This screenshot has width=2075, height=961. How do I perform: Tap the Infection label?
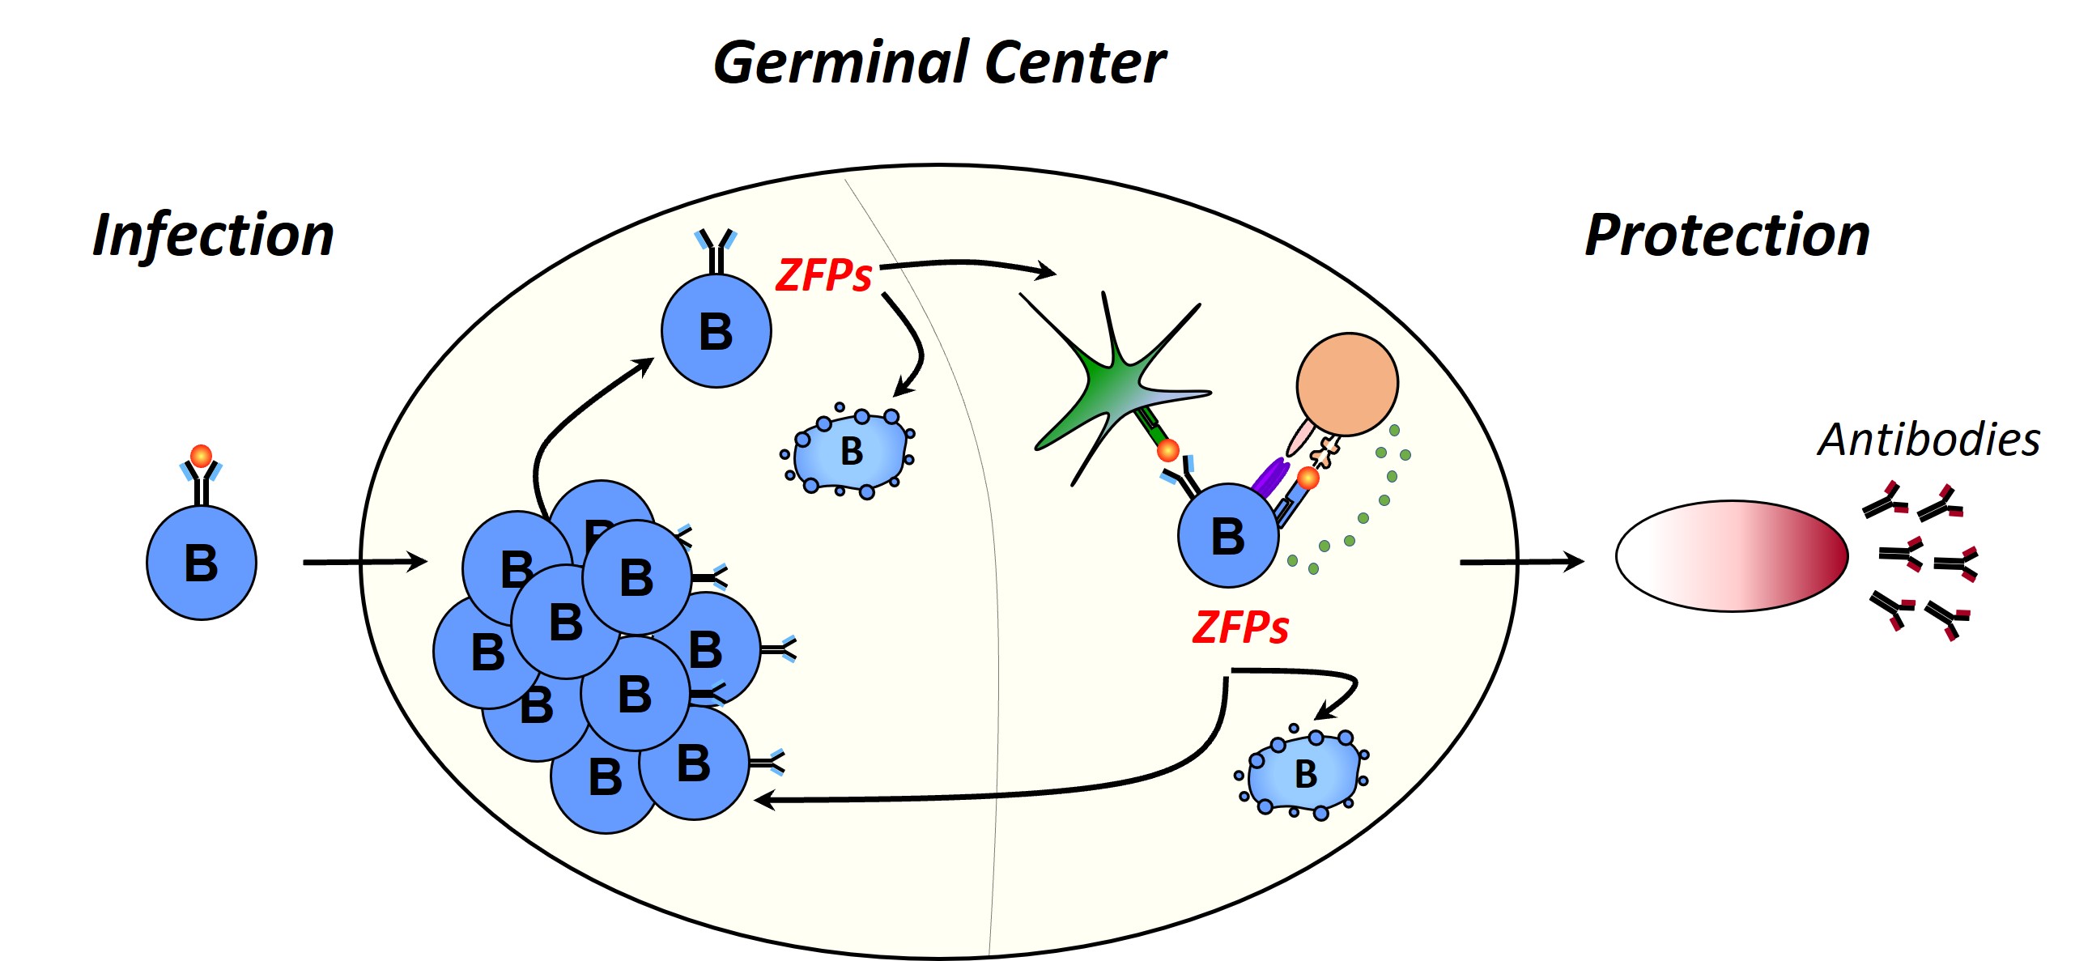(x=213, y=236)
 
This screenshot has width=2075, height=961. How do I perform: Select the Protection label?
(x=1727, y=236)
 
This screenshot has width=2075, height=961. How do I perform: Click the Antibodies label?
(x=1928, y=440)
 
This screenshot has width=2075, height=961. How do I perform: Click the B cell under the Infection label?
(x=202, y=563)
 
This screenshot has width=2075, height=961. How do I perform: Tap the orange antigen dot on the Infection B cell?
(x=201, y=456)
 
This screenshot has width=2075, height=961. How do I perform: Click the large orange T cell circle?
(x=1347, y=384)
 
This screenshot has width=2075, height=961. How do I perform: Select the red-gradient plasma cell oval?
(x=1732, y=555)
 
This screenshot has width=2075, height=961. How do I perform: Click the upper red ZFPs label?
(x=823, y=276)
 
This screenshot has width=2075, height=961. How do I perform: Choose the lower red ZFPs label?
(x=1240, y=628)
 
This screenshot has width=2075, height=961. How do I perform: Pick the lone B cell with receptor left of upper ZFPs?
(x=716, y=331)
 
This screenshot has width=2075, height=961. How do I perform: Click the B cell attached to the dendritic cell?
(x=1228, y=536)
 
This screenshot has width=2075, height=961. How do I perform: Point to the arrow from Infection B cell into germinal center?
(x=364, y=562)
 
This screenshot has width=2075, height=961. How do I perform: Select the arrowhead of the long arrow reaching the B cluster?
(x=763, y=800)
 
